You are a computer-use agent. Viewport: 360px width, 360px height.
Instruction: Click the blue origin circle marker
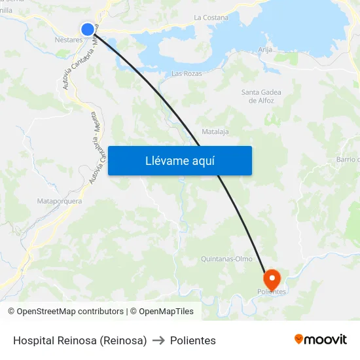[x=88, y=29]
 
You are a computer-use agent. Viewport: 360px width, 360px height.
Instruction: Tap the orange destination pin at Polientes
[x=271, y=279]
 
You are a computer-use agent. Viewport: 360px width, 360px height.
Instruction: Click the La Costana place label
[x=211, y=18]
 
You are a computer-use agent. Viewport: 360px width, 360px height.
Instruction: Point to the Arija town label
[x=265, y=50]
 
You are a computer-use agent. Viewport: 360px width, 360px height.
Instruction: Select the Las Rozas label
[x=187, y=73]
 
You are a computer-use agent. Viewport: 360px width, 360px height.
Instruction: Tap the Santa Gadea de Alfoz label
[x=261, y=96]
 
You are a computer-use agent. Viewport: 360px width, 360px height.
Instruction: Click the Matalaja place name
[x=215, y=132]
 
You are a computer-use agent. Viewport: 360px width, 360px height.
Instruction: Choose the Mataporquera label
[x=60, y=201]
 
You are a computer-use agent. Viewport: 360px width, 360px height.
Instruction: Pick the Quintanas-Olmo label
[x=226, y=259]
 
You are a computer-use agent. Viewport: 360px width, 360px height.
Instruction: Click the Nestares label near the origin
[x=69, y=40]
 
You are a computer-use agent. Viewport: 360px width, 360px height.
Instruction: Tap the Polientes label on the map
[x=272, y=292]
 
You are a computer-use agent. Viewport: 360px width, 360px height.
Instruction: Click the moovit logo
[x=321, y=339]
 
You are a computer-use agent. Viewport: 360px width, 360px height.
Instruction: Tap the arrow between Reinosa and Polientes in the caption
[x=158, y=340]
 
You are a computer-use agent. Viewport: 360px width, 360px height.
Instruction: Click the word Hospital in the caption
[x=33, y=340]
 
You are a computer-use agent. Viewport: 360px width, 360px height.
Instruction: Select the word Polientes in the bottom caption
[x=193, y=340]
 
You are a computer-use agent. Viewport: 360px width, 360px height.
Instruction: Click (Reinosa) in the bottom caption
[x=124, y=340]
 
